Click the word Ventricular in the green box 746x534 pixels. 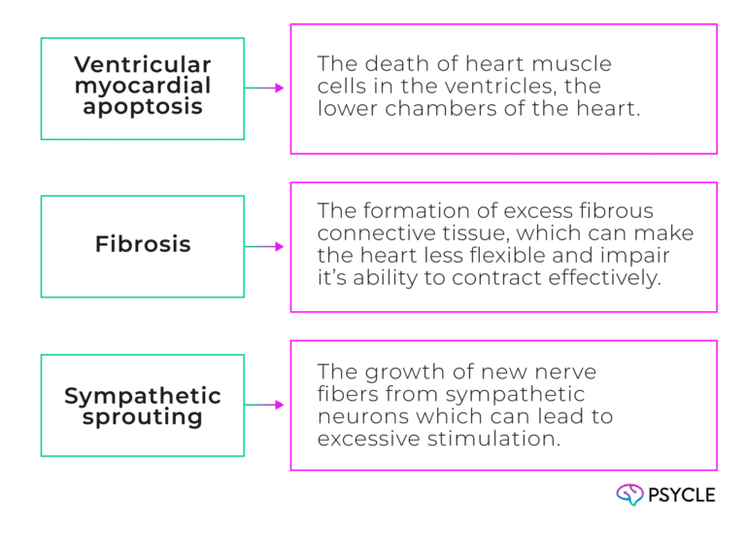[142, 66]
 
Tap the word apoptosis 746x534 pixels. [142, 106]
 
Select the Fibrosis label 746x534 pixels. [143, 244]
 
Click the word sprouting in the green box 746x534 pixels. [142, 417]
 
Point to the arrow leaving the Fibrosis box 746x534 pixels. [265, 247]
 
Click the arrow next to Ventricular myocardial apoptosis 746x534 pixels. [265, 89]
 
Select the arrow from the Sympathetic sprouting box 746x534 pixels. [265, 405]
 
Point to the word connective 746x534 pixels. [367, 233]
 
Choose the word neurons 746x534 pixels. [355, 415]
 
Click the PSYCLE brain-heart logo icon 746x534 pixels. [629, 495]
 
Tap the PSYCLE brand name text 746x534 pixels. [683, 495]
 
